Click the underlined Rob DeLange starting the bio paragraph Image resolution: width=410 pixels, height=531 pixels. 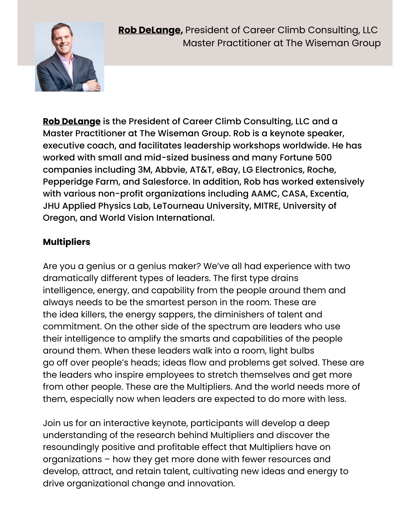72,121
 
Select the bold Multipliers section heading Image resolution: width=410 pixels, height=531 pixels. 67,242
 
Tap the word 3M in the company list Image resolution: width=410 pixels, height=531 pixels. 144,170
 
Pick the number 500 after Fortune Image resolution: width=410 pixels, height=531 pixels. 323,158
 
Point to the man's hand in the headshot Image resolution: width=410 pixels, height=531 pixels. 93,85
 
